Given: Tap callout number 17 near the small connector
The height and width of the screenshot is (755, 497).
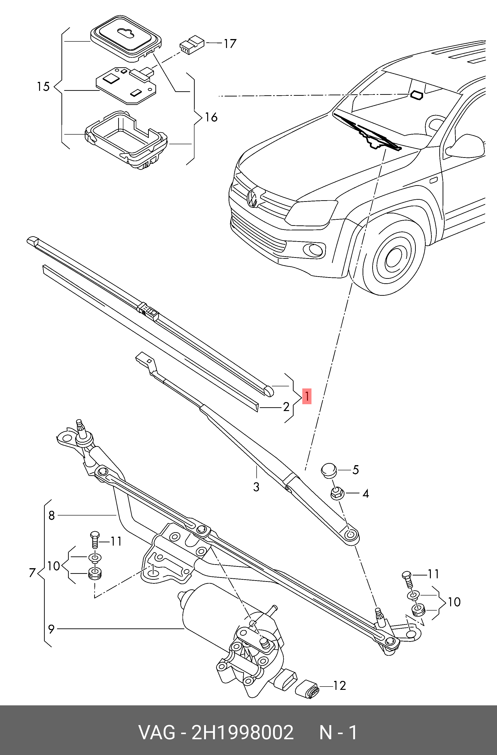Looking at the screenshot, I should (x=230, y=44).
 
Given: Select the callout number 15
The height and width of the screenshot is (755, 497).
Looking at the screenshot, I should (x=43, y=86).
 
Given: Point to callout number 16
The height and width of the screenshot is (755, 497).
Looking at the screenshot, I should (x=211, y=118).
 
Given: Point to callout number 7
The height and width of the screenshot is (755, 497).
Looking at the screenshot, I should (x=32, y=573).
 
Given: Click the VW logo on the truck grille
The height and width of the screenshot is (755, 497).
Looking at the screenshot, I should (x=253, y=199).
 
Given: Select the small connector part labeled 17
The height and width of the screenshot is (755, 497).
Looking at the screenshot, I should (x=191, y=44).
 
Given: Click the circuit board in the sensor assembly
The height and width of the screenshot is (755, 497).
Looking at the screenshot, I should (x=127, y=84).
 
